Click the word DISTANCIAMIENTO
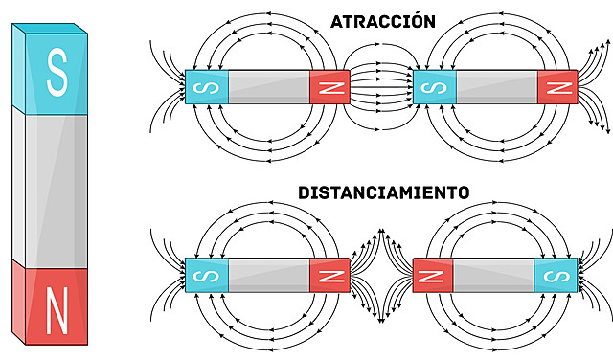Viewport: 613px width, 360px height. click(x=383, y=191)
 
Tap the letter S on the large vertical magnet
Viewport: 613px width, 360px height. click(x=57, y=75)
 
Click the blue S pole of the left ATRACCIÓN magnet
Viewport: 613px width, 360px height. click(x=206, y=88)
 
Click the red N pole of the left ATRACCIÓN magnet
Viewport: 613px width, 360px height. click(x=329, y=88)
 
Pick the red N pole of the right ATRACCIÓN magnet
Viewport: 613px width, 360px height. click(x=557, y=88)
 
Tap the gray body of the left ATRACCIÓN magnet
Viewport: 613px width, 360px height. click(x=268, y=88)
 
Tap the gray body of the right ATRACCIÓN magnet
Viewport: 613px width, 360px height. click(x=496, y=88)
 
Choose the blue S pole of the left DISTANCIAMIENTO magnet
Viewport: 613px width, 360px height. click(x=206, y=276)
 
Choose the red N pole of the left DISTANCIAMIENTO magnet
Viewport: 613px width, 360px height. click(x=329, y=276)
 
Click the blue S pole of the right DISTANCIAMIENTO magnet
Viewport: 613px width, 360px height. click(x=555, y=276)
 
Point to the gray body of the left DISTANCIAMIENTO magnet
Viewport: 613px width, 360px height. click(x=268, y=276)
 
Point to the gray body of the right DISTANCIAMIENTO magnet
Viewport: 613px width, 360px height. click(x=493, y=276)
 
